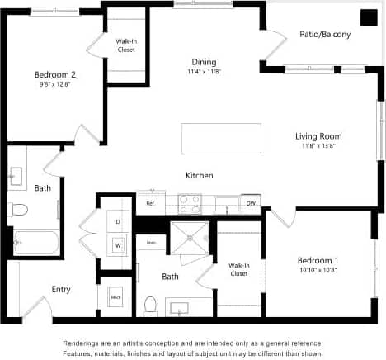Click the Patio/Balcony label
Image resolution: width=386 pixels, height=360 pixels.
point(325,34)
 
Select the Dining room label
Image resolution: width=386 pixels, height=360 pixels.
point(204,62)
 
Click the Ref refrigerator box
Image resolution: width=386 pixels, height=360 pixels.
point(150,203)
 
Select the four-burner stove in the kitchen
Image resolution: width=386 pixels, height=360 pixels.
point(190,203)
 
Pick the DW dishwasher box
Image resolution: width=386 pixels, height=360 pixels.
point(251,203)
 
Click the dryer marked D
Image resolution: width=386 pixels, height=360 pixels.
point(118,222)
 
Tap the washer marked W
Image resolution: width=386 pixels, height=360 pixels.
point(118,245)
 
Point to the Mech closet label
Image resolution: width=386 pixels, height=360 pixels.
point(115,296)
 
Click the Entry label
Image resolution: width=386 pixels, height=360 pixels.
point(61,289)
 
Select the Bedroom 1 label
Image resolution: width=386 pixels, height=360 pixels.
point(318,261)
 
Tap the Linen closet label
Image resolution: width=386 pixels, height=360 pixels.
point(151,242)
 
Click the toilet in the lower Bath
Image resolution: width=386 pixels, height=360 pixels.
point(150,306)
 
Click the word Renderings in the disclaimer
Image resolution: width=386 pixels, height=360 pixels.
point(84,343)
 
